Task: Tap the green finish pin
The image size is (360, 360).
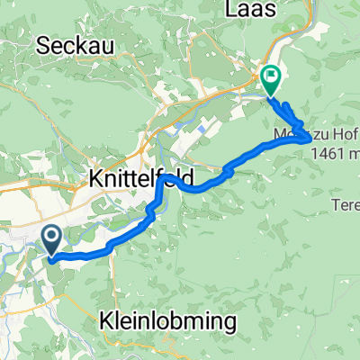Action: click(270, 80)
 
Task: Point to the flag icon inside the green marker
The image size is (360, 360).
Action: click(270, 76)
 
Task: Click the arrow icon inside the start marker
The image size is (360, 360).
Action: click(50, 238)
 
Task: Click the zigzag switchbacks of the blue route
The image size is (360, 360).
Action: click(290, 113)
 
